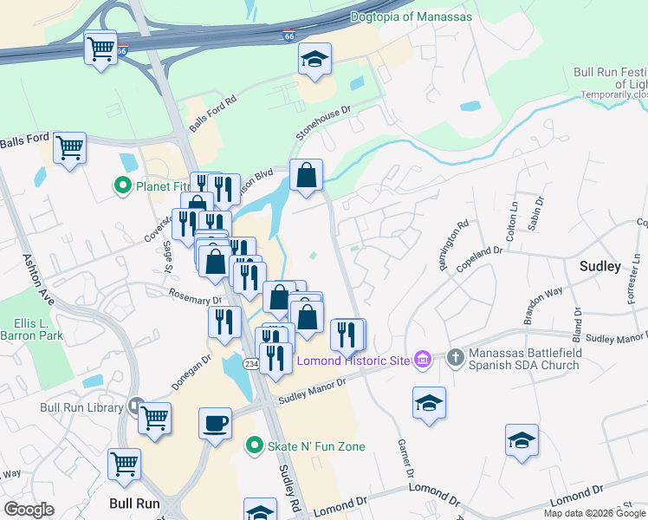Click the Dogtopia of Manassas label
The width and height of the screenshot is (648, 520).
412,17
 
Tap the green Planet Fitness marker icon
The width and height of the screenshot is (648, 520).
122,185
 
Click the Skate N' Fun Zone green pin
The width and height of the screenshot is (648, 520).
253,446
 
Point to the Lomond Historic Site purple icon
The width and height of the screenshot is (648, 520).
423,359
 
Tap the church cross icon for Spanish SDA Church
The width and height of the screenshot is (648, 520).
456,357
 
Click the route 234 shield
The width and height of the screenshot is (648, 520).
249,364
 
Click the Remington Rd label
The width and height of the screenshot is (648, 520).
453,245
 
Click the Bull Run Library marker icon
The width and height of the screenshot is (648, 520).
136,406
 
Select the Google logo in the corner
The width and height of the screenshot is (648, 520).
29,510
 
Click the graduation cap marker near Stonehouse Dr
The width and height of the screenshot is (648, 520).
315,59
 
